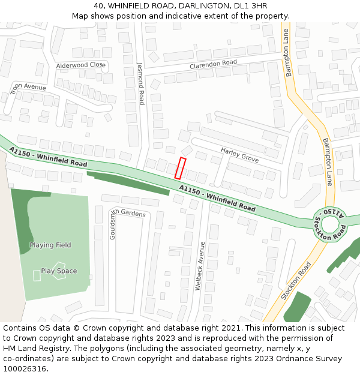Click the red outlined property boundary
click(x=180, y=168)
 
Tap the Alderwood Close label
click(x=80, y=65)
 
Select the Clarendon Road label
click(x=213, y=63)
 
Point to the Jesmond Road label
click(x=141, y=83)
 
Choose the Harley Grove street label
click(x=239, y=154)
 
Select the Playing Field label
click(x=50, y=245)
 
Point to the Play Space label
click(x=59, y=271)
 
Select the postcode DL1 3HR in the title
click(x=251, y=5)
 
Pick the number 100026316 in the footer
click(x=25, y=368)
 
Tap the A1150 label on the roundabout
click(x=333, y=212)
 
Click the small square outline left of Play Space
click(x=37, y=275)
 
